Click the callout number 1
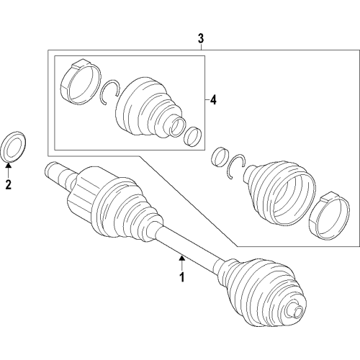[182, 276]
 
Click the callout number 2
[9, 186]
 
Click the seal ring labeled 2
[14, 145]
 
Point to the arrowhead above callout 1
[182, 255]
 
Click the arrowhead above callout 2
[9, 166]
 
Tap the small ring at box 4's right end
[193, 135]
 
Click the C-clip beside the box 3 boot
[236, 165]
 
